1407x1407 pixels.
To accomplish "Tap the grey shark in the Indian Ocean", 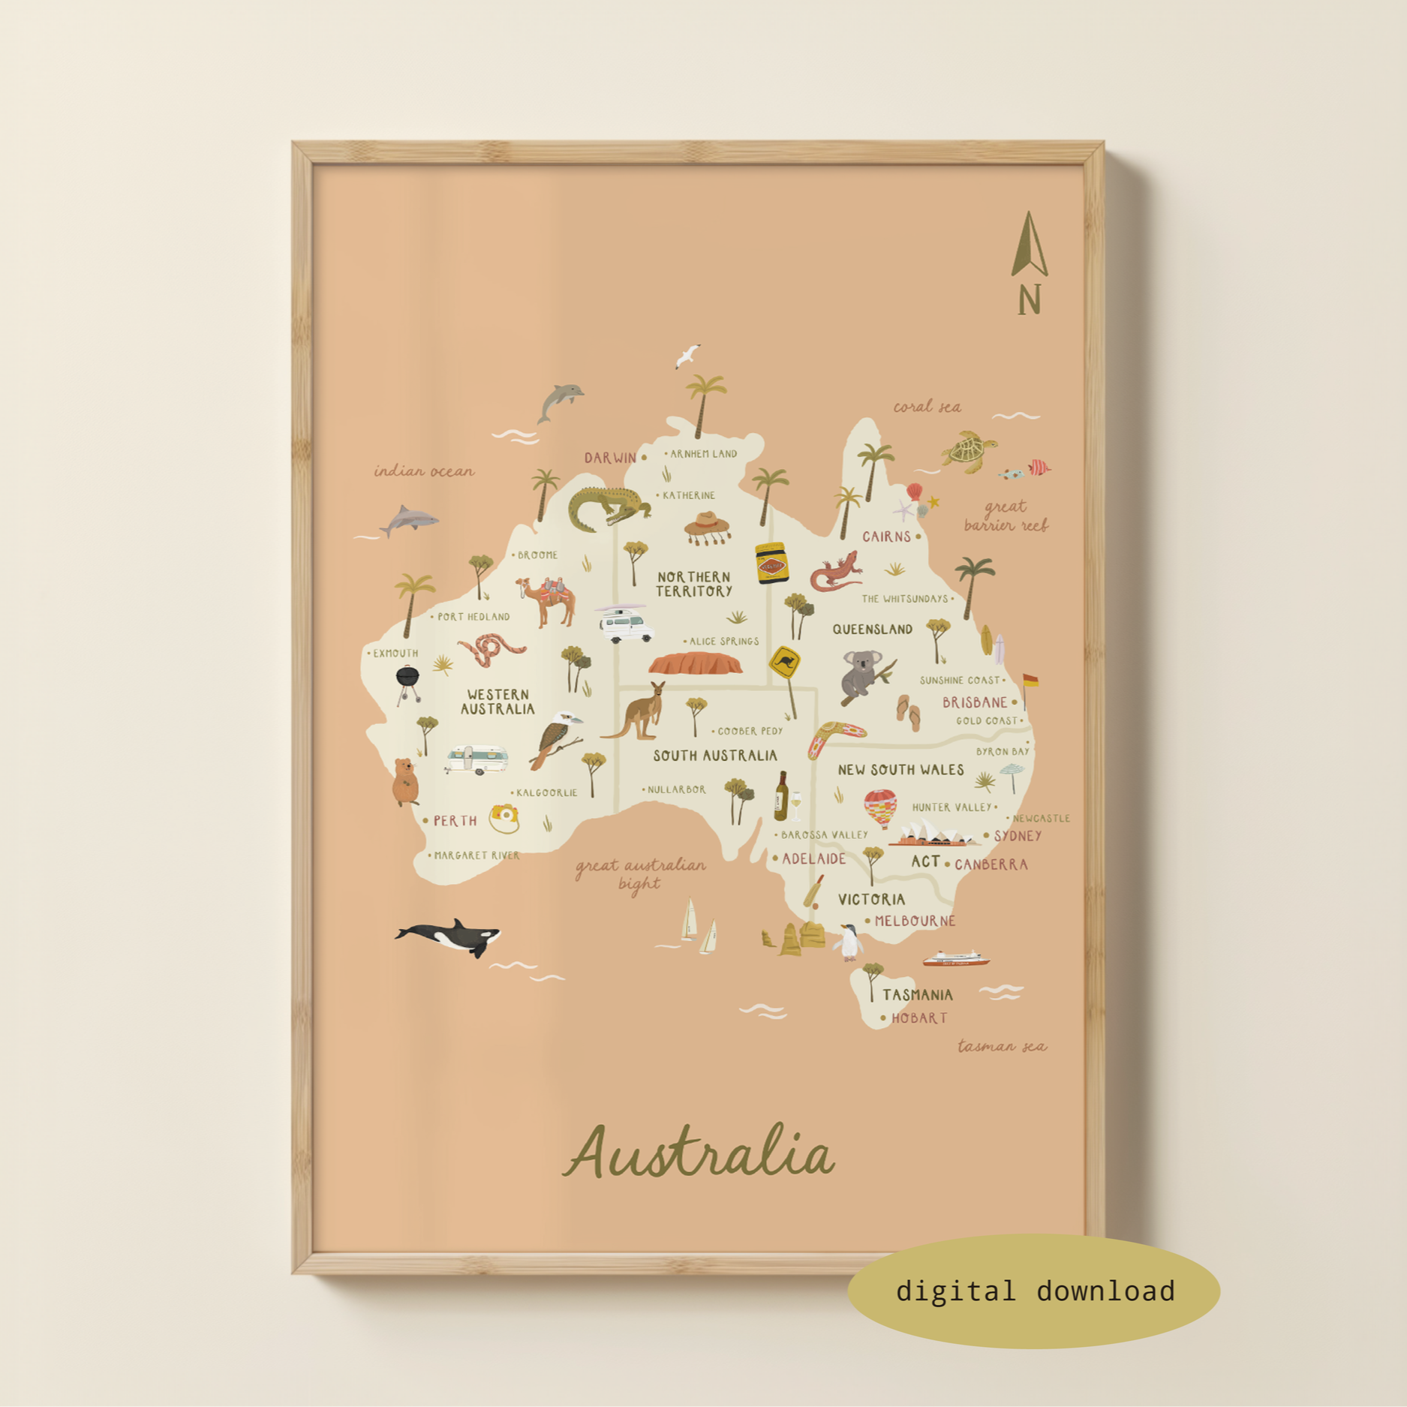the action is pos(409,519).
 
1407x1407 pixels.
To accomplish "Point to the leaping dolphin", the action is pos(560,401).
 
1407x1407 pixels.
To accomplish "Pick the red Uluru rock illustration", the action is pos(695,664).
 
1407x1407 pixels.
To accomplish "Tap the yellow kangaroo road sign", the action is pos(785,663).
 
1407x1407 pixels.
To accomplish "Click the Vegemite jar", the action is pos(771,563).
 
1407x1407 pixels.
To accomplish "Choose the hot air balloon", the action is pos(879,807).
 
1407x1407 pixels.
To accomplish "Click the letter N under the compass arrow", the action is pos(1030,299).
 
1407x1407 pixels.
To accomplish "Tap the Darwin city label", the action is pos(610,458).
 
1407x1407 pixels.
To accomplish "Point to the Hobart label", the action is pos(918,1018).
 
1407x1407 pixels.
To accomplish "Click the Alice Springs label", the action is pos(723,642).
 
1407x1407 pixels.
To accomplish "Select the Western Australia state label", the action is pos(498,702).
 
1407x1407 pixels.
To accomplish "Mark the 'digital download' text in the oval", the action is pos(1035,1291).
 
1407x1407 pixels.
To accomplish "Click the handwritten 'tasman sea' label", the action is pos(1002,1046).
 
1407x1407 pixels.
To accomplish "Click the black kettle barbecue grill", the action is pos(407,681).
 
